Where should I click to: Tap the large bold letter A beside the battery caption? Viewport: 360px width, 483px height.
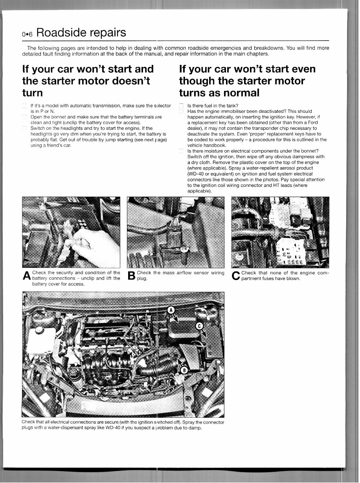click(x=27, y=276)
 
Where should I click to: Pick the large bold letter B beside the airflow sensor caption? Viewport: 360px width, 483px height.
click(x=132, y=276)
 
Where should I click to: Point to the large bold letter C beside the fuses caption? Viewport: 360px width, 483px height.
click(x=236, y=276)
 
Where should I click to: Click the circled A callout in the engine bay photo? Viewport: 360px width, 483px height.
click(x=171, y=310)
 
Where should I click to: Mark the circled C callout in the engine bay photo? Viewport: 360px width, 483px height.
click(x=199, y=326)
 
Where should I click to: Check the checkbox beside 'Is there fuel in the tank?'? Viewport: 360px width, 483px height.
click(x=181, y=106)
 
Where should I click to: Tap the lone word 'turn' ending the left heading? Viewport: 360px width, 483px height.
click(x=33, y=93)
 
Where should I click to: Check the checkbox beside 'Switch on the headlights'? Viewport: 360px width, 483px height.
click(x=25, y=128)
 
